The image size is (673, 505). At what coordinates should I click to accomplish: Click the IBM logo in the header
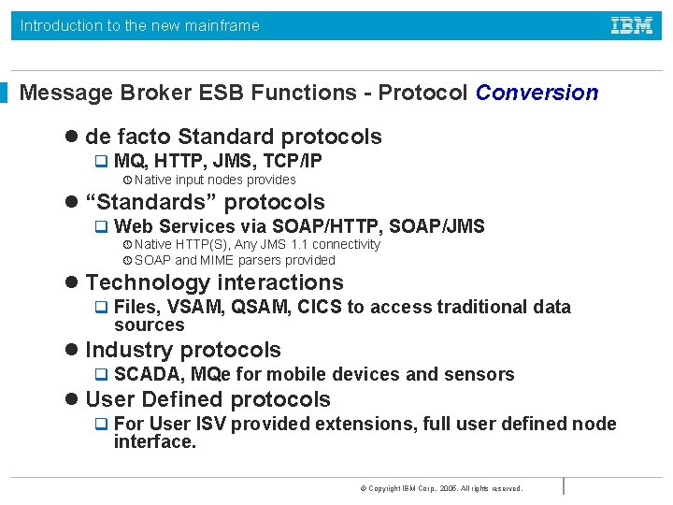click(632, 26)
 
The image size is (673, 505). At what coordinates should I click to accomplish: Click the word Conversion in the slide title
click(537, 93)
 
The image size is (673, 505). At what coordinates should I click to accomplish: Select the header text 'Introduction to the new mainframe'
click(140, 26)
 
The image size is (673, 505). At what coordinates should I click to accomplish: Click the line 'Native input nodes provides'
click(215, 180)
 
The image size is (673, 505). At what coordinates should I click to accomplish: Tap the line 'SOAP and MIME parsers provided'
click(234, 260)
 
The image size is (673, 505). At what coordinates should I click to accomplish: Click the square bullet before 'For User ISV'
click(102, 425)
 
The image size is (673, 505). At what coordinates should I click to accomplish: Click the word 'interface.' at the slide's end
click(155, 442)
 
